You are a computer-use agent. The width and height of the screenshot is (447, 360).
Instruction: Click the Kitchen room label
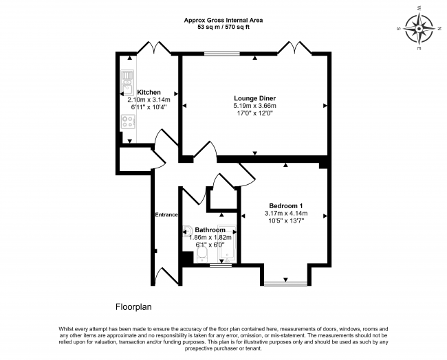149,92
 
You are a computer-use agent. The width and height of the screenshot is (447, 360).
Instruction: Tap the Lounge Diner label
254,98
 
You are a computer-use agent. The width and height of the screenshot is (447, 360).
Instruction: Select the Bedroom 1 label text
286,206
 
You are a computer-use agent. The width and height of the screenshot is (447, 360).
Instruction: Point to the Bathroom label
210,229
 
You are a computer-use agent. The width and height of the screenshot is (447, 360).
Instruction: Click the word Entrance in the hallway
166,214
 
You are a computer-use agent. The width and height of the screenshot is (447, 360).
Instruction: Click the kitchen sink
128,87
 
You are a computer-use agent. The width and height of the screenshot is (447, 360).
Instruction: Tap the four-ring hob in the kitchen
128,122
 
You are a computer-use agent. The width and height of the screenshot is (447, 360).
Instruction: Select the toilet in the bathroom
202,254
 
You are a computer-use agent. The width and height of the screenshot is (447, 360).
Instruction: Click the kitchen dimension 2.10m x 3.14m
149,100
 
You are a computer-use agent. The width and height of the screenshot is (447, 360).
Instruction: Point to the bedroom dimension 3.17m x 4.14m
286,214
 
